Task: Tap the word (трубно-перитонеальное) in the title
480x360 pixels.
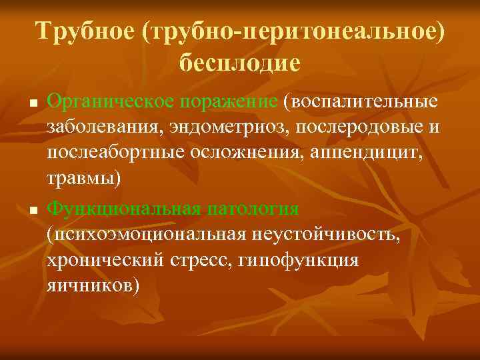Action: [292, 31]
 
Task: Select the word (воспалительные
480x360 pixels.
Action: [361, 103]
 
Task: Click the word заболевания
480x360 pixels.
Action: [101, 128]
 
